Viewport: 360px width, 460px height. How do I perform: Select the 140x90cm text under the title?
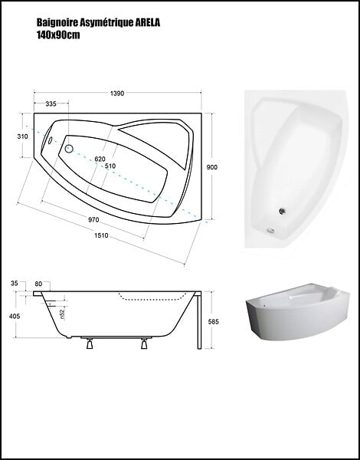coord(58,35)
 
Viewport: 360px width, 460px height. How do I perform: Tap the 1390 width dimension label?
coord(117,94)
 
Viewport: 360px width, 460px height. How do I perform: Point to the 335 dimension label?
coord(51,103)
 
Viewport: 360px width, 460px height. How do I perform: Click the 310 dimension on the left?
coord(22,136)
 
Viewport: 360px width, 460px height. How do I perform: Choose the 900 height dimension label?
coord(212,167)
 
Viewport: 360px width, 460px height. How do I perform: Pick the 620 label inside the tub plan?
coord(100,159)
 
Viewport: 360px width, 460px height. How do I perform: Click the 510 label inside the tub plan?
coord(110,166)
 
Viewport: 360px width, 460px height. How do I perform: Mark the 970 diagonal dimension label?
coord(93,220)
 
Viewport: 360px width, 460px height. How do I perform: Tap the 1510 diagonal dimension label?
coord(101,235)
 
